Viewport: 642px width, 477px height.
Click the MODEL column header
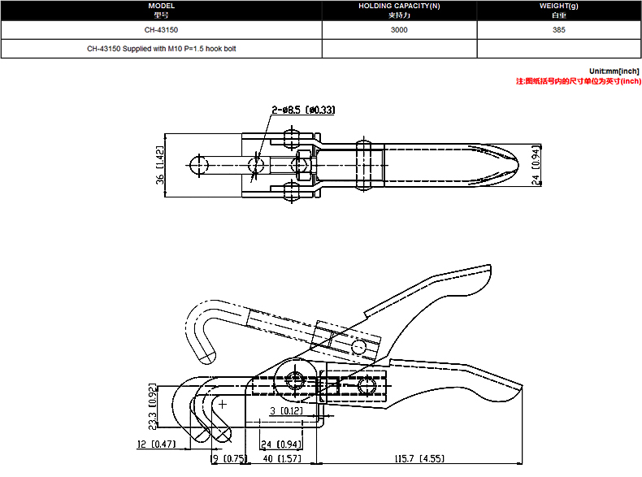162,11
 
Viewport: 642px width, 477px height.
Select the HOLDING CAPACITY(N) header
399,11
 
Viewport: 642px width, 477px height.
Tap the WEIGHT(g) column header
558,11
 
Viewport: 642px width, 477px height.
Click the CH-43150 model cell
161,30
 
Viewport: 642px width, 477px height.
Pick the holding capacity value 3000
399,30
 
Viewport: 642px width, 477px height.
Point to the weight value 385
558,30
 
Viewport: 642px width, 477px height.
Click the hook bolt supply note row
162,49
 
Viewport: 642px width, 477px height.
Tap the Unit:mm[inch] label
614,72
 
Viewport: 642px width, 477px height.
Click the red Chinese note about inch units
578,81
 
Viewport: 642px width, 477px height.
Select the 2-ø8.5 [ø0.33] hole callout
303,110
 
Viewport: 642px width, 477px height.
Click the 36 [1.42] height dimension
159,165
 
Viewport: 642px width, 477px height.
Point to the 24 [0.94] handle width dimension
536,165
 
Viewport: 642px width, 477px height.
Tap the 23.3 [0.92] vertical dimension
152,407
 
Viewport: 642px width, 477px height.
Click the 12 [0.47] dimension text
156,444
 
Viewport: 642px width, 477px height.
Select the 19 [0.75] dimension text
229,458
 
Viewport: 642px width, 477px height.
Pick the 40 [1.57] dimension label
282,458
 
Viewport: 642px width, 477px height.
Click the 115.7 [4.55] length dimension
419,458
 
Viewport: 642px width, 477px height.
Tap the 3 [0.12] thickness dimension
287,410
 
